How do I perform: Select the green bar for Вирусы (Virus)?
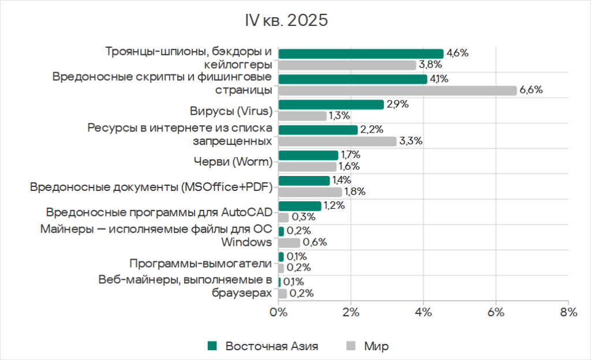331,104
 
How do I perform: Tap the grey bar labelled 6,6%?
397,90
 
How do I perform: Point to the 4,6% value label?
457,53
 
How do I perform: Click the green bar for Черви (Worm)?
308,155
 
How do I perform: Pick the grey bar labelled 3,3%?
337,141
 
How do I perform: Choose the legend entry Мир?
376,346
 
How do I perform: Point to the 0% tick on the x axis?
279,313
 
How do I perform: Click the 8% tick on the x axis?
568,313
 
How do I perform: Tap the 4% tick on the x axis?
424,313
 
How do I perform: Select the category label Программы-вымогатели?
200,264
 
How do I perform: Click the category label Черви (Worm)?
231,162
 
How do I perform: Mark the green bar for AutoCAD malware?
300,206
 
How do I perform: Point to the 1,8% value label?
355,192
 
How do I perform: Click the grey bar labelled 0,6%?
289,242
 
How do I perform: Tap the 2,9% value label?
397,104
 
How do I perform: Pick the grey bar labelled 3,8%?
347,65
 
